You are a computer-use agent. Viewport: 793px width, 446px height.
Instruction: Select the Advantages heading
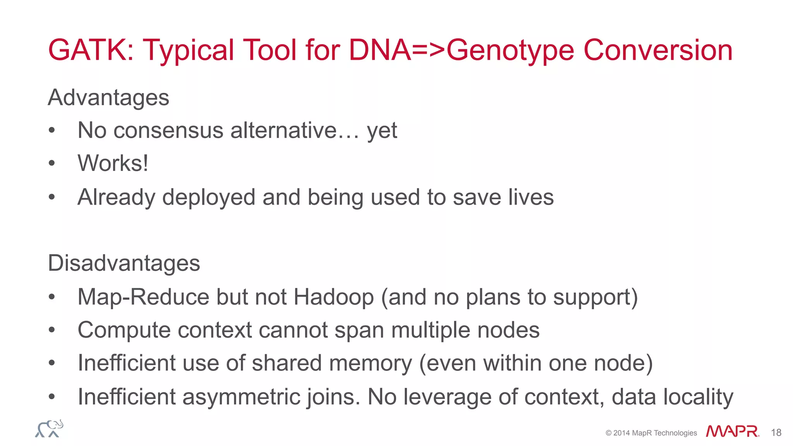(108, 97)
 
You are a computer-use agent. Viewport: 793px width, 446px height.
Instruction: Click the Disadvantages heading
(124, 263)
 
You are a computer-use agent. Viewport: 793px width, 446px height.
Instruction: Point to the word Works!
(113, 163)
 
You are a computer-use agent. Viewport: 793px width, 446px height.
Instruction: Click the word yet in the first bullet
(382, 131)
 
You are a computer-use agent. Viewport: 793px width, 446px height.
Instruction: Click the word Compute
(124, 330)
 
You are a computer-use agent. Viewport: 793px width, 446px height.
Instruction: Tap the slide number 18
(776, 432)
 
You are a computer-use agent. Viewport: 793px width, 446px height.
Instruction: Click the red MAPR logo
(732, 431)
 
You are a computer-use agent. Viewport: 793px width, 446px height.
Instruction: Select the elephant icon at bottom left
(49, 429)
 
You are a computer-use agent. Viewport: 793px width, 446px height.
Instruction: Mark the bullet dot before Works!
(52, 163)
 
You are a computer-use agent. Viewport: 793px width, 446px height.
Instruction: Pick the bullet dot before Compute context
(52, 330)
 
